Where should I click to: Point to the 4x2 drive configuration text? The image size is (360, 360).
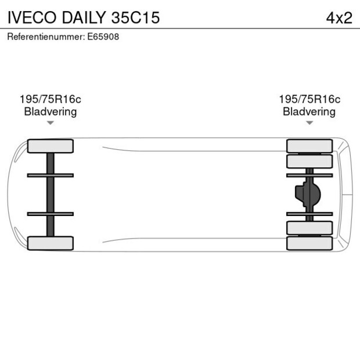pyautogui.click(x=339, y=18)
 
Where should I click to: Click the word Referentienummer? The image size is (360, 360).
pyautogui.click(x=45, y=37)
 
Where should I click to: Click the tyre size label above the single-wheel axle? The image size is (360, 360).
pyautogui.click(x=51, y=99)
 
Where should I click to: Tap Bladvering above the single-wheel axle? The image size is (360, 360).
pyautogui.click(x=51, y=111)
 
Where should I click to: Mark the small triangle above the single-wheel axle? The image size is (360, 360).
pyautogui.click(x=51, y=123)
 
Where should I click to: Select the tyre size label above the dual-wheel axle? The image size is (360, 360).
pyautogui.click(x=309, y=99)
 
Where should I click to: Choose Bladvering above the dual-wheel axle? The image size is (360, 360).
pyautogui.click(x=309, y=111)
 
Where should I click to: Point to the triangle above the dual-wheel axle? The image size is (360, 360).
pyautogui.click(x=309, y=123)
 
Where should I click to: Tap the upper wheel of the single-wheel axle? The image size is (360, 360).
pyautogui.click(x=51, y=146)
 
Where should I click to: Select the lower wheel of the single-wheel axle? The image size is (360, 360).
pyautogui.click(x=51, y=243)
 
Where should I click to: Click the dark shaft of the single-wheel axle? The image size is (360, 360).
pyautogui.click(x=51, y=195)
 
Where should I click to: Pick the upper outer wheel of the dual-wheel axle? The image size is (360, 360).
pyautogui.click(x=309, y=146)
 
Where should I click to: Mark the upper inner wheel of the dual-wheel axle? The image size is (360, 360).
pyautogui.click(x=309, y=161)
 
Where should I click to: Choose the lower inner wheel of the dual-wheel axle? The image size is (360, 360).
pyautogui.click(x=309, y=228)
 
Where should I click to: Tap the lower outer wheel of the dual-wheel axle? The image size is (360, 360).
pyautogui.click(x=309, y=243)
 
